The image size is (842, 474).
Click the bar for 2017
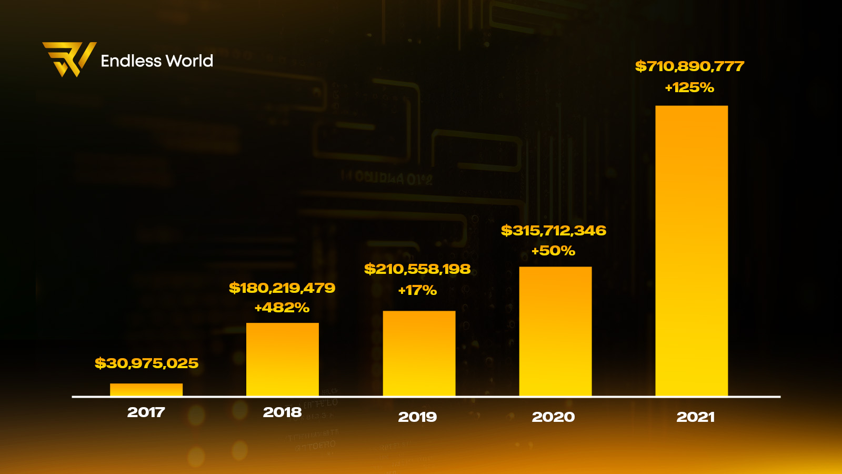146,390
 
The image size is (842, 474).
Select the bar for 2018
283,359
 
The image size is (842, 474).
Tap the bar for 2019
419,353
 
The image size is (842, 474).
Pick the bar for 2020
555,331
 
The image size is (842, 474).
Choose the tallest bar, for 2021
691,251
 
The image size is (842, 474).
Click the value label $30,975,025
146,363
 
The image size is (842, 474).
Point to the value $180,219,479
282,288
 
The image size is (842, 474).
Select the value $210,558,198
417,269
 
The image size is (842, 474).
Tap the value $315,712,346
554,231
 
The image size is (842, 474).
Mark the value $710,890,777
689,66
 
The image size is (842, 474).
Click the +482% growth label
282,308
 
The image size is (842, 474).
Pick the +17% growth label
417,290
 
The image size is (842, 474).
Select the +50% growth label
553,251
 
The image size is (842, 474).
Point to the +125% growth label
689,87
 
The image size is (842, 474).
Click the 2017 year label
146,412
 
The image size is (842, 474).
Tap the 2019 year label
417,417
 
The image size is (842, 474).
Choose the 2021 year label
695,417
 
